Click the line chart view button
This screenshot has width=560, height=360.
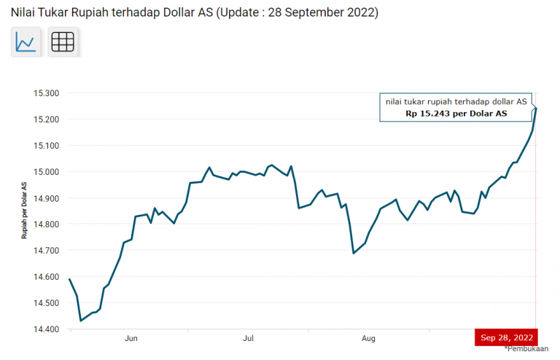coord(26,42)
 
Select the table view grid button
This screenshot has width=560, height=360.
coord(63,42)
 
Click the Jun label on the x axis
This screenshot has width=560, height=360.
coord(131,339)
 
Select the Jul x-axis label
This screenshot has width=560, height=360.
coord(249,339)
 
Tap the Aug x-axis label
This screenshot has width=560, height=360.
coord(368,339)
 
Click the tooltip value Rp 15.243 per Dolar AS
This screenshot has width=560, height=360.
coord(456,114)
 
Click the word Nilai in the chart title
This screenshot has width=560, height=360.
coord(23,13)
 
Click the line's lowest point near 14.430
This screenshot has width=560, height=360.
coord(80,321)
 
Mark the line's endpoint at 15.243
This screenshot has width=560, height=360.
coord(536,109)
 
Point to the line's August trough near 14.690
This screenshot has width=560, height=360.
coord(354,253)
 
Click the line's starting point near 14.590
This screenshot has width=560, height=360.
coord(69,279)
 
